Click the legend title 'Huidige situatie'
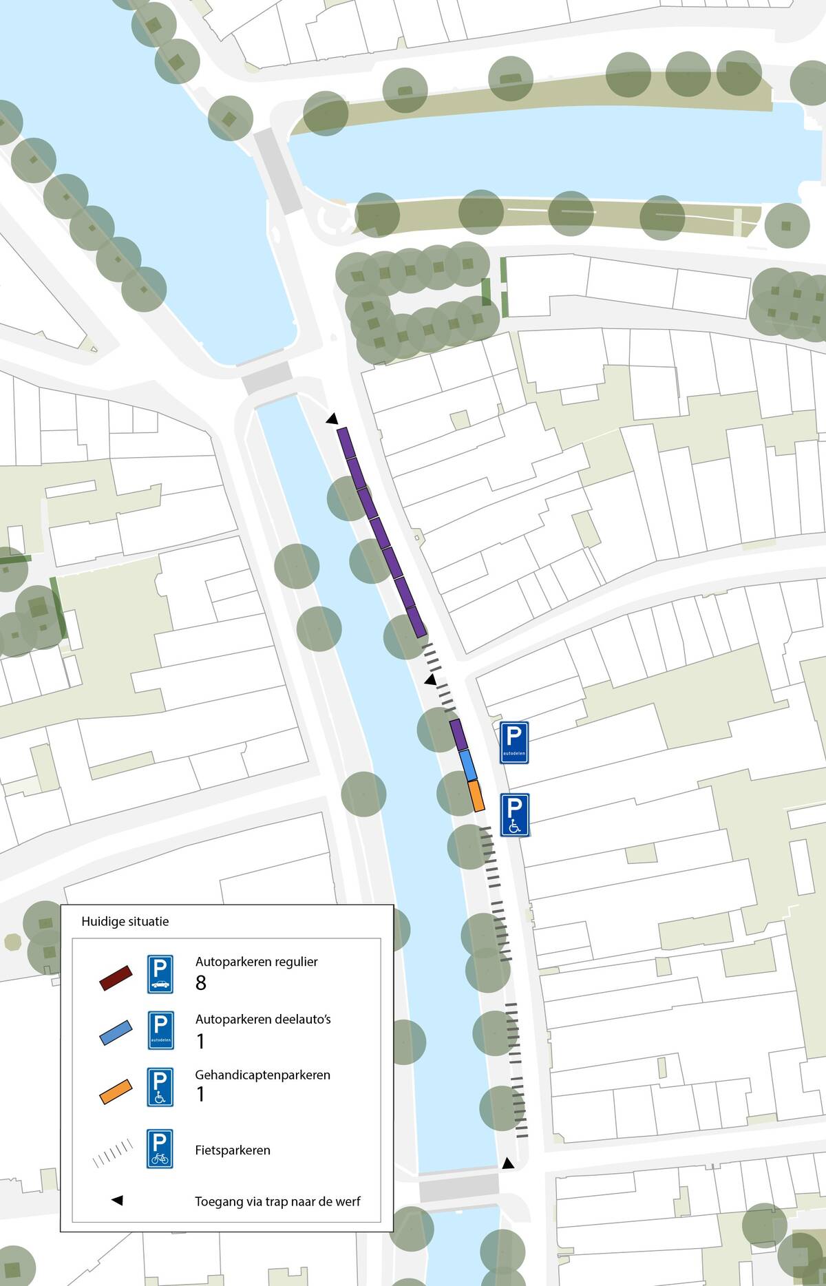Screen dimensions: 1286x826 click(x=125, y=921)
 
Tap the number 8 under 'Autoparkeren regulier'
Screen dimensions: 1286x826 click(x=201, y=983)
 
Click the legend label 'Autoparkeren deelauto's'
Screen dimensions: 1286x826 click(x=263, y=1019)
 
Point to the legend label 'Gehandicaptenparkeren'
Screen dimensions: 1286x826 click(x=263, y=1075)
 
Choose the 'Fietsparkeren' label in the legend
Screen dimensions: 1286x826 click(x=233, y=1150)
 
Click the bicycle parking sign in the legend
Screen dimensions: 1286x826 click(x=160, y=1149)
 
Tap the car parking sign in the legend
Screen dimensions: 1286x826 click(x=160, y=973)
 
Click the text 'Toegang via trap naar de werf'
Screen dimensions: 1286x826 click(x=277, y=1202)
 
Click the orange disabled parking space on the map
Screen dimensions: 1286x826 click(x=476, y=795)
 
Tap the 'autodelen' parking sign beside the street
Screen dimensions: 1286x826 click(x=513, y=742)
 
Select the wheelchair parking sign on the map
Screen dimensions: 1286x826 click(x=513, y=815)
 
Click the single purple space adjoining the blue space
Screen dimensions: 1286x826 click(x=459, y=735)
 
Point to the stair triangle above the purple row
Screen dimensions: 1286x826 click(x=332, y=419)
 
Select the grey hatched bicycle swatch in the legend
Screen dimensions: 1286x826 click(x=112, y=1151)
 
